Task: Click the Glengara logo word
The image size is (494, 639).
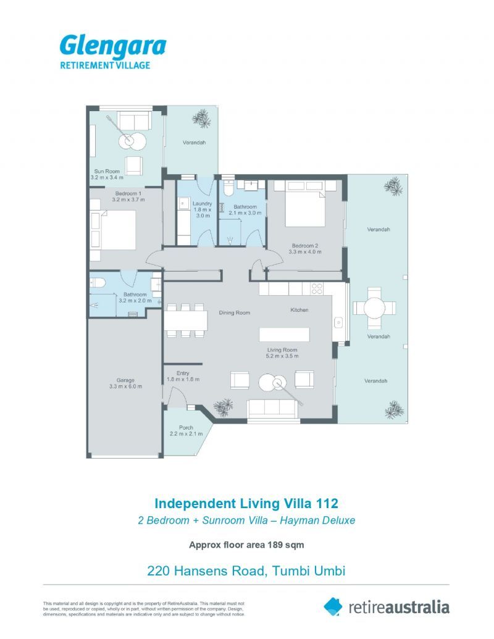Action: point(113,46)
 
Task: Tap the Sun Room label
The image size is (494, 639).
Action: point(107,171)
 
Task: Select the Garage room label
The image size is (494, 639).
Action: point(125,380)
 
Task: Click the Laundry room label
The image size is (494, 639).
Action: point(202,203)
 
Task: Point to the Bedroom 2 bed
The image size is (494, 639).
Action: point(306,203)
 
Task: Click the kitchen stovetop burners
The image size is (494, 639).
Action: point(317,288)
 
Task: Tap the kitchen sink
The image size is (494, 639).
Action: point(338,323)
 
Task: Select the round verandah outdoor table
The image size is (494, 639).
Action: point(374,309)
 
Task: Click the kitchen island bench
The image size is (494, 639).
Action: point(284,335)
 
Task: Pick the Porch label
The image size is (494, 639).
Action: point(186,427)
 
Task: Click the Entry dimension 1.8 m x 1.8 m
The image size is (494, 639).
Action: point(183,379)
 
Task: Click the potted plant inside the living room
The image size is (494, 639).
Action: point(224,407)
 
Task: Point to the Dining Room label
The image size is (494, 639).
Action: point(235,312)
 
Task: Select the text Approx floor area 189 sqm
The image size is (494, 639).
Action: point(246,545)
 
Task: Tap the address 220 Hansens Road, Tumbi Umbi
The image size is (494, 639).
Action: point(246,570)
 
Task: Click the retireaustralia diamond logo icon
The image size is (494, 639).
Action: point(333,607)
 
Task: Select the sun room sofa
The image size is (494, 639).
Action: point(133,120)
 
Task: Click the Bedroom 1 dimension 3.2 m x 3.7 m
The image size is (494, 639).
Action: point(128,199)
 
